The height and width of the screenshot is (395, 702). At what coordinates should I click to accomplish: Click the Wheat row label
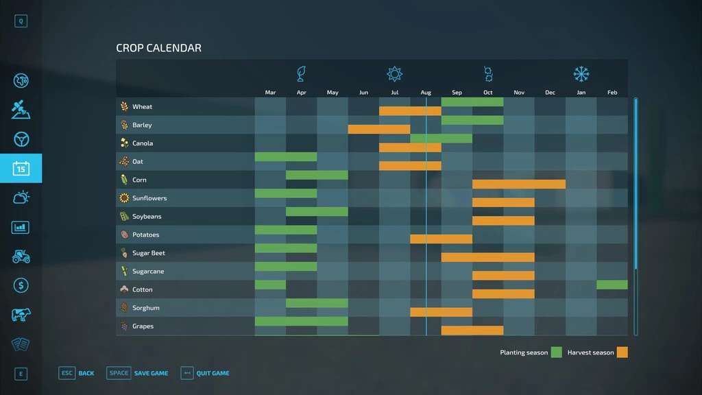coord(142,107)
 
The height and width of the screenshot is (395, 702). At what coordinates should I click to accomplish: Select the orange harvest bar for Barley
coord(378,129)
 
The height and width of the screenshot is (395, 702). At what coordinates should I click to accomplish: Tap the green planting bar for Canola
coord(441,139)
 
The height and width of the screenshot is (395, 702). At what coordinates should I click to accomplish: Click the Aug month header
coord(426,93)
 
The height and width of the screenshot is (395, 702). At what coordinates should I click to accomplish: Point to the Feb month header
coord(612,93)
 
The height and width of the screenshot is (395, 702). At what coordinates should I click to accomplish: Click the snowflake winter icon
coord(581,74)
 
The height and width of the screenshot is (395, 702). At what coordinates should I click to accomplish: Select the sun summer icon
coord(394,74)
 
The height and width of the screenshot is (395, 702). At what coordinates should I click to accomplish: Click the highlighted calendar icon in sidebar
coord(21,168)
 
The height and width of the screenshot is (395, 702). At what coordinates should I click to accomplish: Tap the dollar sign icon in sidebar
coord(21,285)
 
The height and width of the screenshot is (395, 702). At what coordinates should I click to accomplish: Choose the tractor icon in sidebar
coord(21,256)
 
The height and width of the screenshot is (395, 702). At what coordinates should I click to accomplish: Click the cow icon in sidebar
coord(21,315)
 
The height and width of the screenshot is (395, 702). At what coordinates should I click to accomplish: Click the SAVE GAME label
coord(151,373)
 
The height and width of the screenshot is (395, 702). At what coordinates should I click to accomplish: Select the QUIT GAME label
coord(213,373)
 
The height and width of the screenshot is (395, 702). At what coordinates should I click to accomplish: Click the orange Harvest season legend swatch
coord(622,352)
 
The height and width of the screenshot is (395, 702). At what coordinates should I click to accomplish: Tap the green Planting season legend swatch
coord(556,352)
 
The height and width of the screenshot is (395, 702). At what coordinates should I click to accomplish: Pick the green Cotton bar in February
coord(612,285)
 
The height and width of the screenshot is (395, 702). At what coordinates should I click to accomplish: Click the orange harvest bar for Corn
coord(518,184)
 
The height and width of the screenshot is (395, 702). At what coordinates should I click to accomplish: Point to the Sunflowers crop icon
coord(124,198)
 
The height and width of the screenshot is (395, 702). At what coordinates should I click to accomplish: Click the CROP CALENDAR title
coord(158,48)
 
